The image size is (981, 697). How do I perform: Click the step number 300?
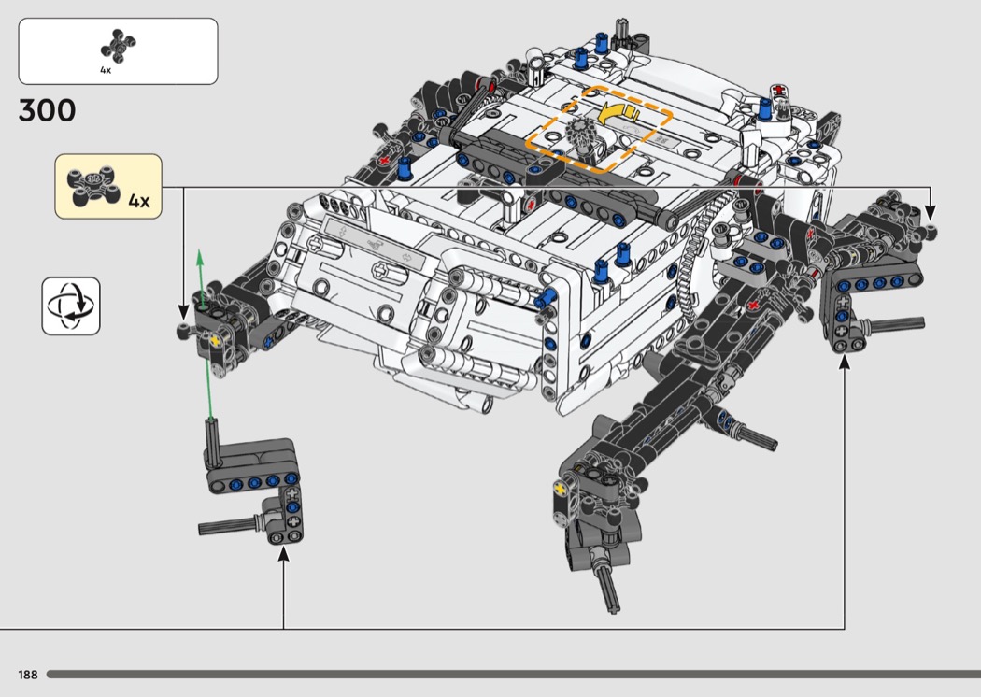tap(47, 110)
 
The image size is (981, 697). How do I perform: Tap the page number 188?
tap(27, 675)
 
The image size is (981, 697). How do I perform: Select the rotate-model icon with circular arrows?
tap(71, 306)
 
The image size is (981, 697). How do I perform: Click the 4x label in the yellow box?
tap(139, 201)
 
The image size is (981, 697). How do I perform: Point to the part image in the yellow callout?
tap(93, 186)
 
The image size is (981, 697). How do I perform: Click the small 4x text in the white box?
tap(106, 70)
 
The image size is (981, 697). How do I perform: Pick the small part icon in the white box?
tap(119, 46)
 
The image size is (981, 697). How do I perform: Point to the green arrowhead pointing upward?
tap(200, 258)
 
